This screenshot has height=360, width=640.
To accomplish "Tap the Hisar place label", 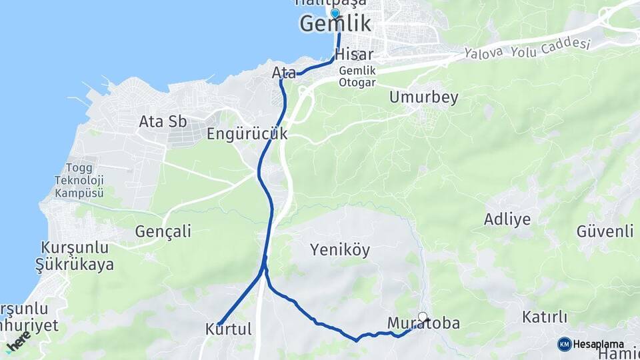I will pos(354,55).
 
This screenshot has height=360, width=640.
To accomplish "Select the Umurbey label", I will pos(424,98).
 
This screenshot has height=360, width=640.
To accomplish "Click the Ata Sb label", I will pos(163,122).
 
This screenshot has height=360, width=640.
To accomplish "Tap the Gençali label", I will pos(163,231).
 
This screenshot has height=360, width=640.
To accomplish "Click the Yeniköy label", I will pos(339,250).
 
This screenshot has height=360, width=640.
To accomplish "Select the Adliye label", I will pos(507,219).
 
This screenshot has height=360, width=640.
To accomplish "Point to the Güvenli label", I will pos(605,231).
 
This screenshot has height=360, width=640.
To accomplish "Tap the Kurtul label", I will pos(229,329).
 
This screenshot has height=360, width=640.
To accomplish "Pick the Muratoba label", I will pos(423,324).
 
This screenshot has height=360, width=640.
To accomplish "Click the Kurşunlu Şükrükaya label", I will pos(74,256).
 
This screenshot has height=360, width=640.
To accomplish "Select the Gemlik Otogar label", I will pos(357,77).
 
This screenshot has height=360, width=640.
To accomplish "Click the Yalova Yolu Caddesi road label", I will pos(527,47).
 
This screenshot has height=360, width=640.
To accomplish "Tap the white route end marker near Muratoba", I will pos(422,317).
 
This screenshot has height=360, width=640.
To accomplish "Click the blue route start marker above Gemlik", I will pos(335,13).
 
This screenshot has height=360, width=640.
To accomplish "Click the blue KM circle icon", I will pos(564,344).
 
